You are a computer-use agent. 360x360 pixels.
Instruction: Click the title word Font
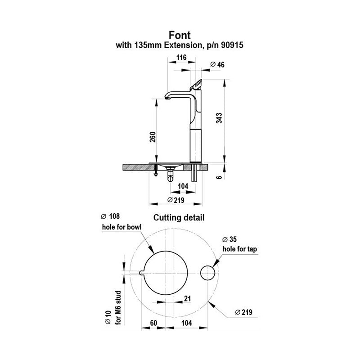[180, 35]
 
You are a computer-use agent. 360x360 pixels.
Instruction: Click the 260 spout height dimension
[153, 136]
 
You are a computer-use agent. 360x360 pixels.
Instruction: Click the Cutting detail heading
[180, 218]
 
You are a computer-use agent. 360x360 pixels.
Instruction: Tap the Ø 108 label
[110, 216]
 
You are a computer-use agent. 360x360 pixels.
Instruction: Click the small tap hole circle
[208, 273]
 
